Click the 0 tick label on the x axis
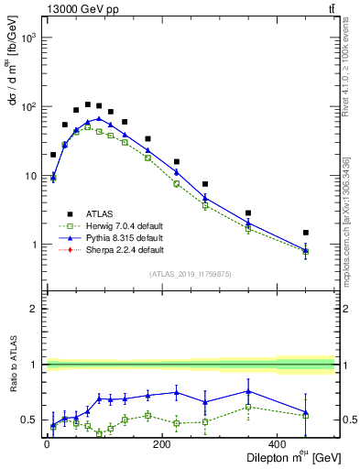coord(48,446)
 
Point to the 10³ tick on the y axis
coord(27,38)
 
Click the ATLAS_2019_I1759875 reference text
coord(191,274)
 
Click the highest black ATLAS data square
coord(88,104)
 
